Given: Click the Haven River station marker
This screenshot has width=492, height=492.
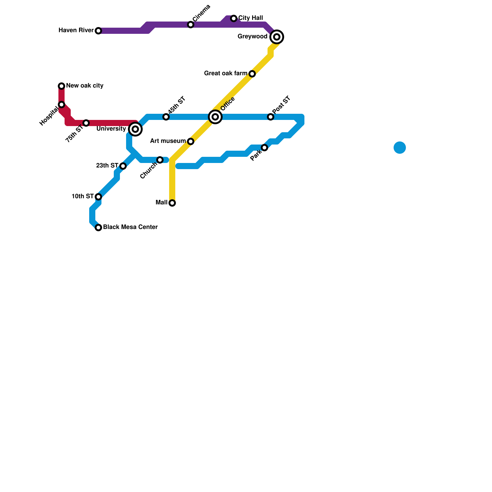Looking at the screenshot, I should click(98, 31).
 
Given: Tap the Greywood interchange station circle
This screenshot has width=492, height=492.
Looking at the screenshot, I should click(277, 37).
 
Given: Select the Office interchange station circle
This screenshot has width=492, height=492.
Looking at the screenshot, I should click(215, 117).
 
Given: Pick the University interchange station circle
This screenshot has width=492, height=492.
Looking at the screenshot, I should click(135, 129).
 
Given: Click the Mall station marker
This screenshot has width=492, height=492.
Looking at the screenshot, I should click(172, 203).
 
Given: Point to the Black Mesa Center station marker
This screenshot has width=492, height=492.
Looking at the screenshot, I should click(98, 228).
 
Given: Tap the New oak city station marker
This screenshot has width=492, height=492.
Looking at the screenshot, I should click(61, 86).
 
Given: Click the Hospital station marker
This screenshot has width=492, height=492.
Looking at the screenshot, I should click(61, 105).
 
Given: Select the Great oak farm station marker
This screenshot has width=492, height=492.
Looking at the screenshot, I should click(252, 74).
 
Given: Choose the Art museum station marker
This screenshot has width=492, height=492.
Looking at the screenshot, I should click(191, 141).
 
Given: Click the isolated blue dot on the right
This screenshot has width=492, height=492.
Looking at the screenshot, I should click(400, 148).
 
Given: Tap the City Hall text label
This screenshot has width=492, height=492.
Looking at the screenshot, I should click(251, 18).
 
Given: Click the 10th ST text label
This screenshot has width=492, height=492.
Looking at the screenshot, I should click(83, 196).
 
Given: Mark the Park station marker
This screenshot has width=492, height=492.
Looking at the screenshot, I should click(264, 148).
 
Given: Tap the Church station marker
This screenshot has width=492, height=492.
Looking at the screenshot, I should click(160, 160).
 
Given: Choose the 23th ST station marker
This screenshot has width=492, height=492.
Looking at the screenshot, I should click(123, 166).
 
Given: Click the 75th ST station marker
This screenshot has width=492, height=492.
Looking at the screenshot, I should click(86, 123).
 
